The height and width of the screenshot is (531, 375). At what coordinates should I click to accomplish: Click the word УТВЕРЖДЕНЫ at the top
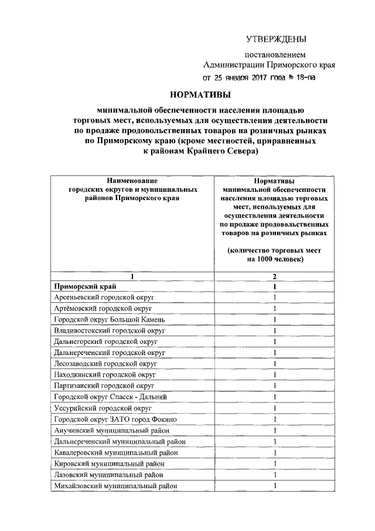(x=275, y=39)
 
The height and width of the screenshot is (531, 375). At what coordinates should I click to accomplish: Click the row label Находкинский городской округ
(x=104, y=374)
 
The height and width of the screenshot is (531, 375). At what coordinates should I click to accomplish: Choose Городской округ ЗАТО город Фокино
(x=115, y=419)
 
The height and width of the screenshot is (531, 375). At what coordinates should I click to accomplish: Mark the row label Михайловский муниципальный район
(x=115, y=486)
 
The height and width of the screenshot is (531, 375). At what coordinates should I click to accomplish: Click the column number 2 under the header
(x=274, y=276)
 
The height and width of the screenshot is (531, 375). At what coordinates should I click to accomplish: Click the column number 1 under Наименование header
(x=132, y=276)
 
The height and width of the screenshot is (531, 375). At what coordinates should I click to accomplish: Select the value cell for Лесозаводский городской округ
(x=274, y=364)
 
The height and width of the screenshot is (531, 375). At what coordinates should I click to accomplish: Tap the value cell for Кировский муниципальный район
(x=274, y=464)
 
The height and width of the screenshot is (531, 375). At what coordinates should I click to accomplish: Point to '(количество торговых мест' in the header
(x=274, y=250)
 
